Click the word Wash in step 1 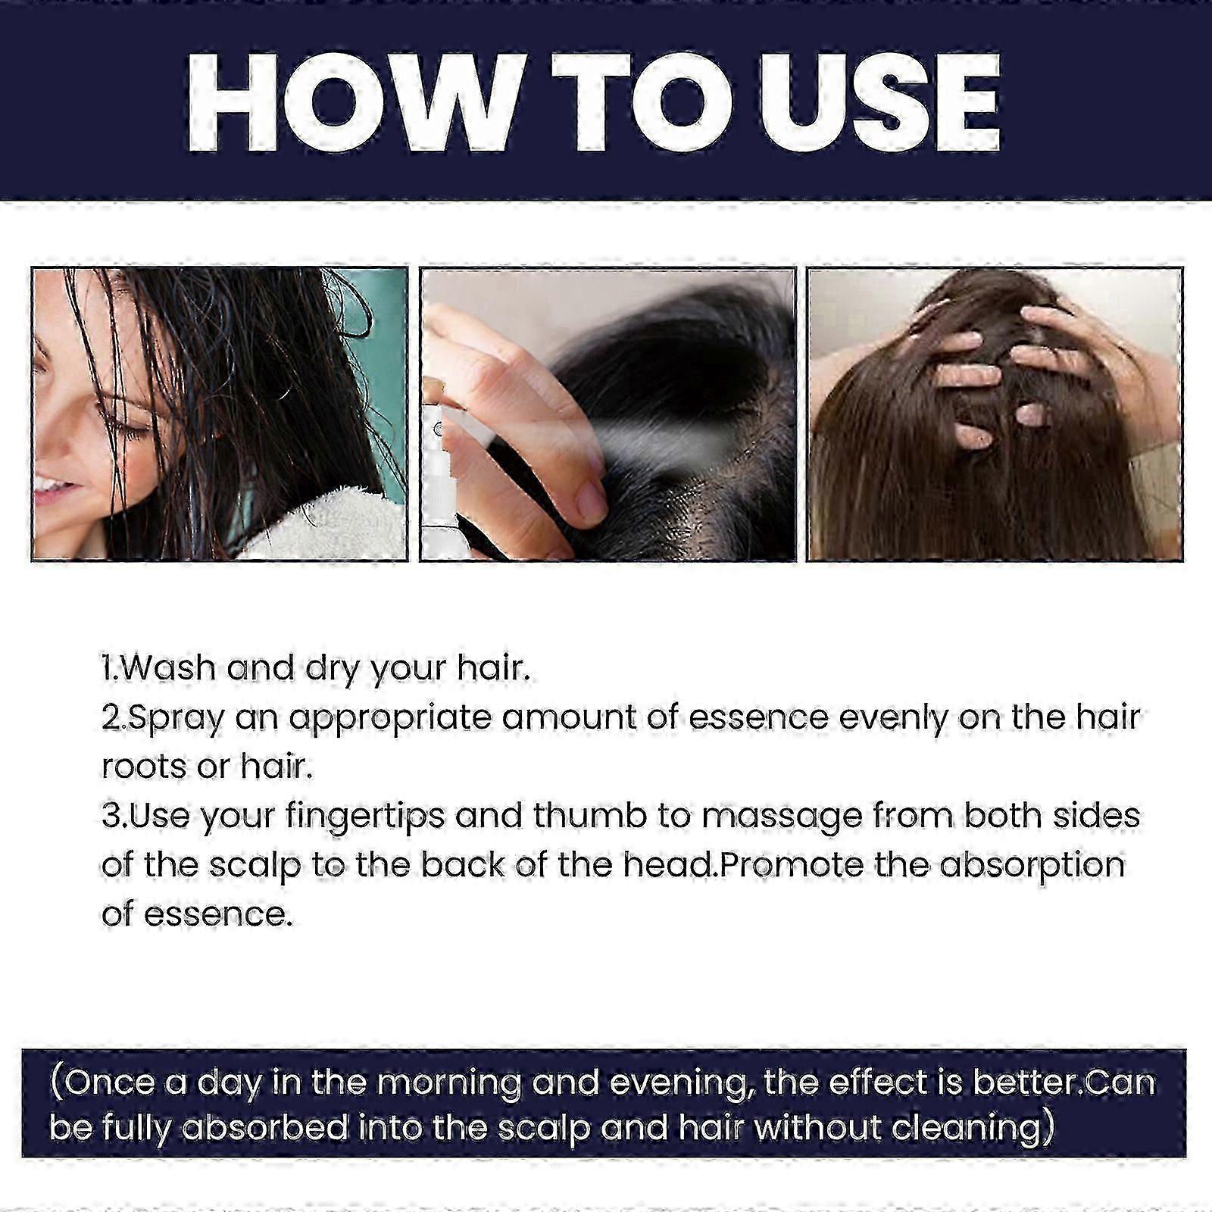click(167, 667)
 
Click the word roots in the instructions click(144, 767)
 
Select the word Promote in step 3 click(791, 865)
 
